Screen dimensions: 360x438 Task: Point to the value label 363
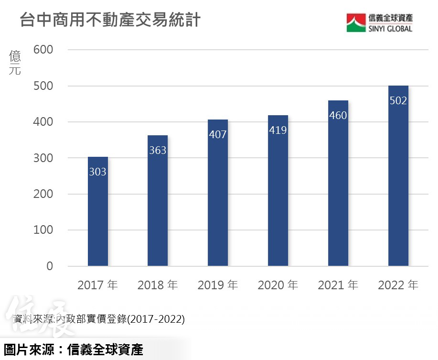point(158,151)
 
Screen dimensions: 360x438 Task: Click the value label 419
point(278,130)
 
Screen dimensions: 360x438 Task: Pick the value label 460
point(338,116)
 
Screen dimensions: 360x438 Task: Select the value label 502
point(398,101)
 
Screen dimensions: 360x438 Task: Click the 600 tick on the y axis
point(43,50)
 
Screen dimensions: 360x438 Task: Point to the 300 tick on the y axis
point(43,158)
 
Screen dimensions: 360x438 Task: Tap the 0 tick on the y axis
point(50,266)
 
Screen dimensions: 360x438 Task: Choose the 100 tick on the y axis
point(43,230)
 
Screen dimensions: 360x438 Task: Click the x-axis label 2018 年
point(158,285)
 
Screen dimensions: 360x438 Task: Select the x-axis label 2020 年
point(278,285)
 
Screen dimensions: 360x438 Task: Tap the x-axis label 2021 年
point(338,285)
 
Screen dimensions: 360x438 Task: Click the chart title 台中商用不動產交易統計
point(109,21)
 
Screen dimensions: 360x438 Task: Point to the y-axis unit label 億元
point(15,64)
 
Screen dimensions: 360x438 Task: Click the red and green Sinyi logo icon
point(356,22)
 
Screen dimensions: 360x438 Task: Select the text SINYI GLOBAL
point(390,28)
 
